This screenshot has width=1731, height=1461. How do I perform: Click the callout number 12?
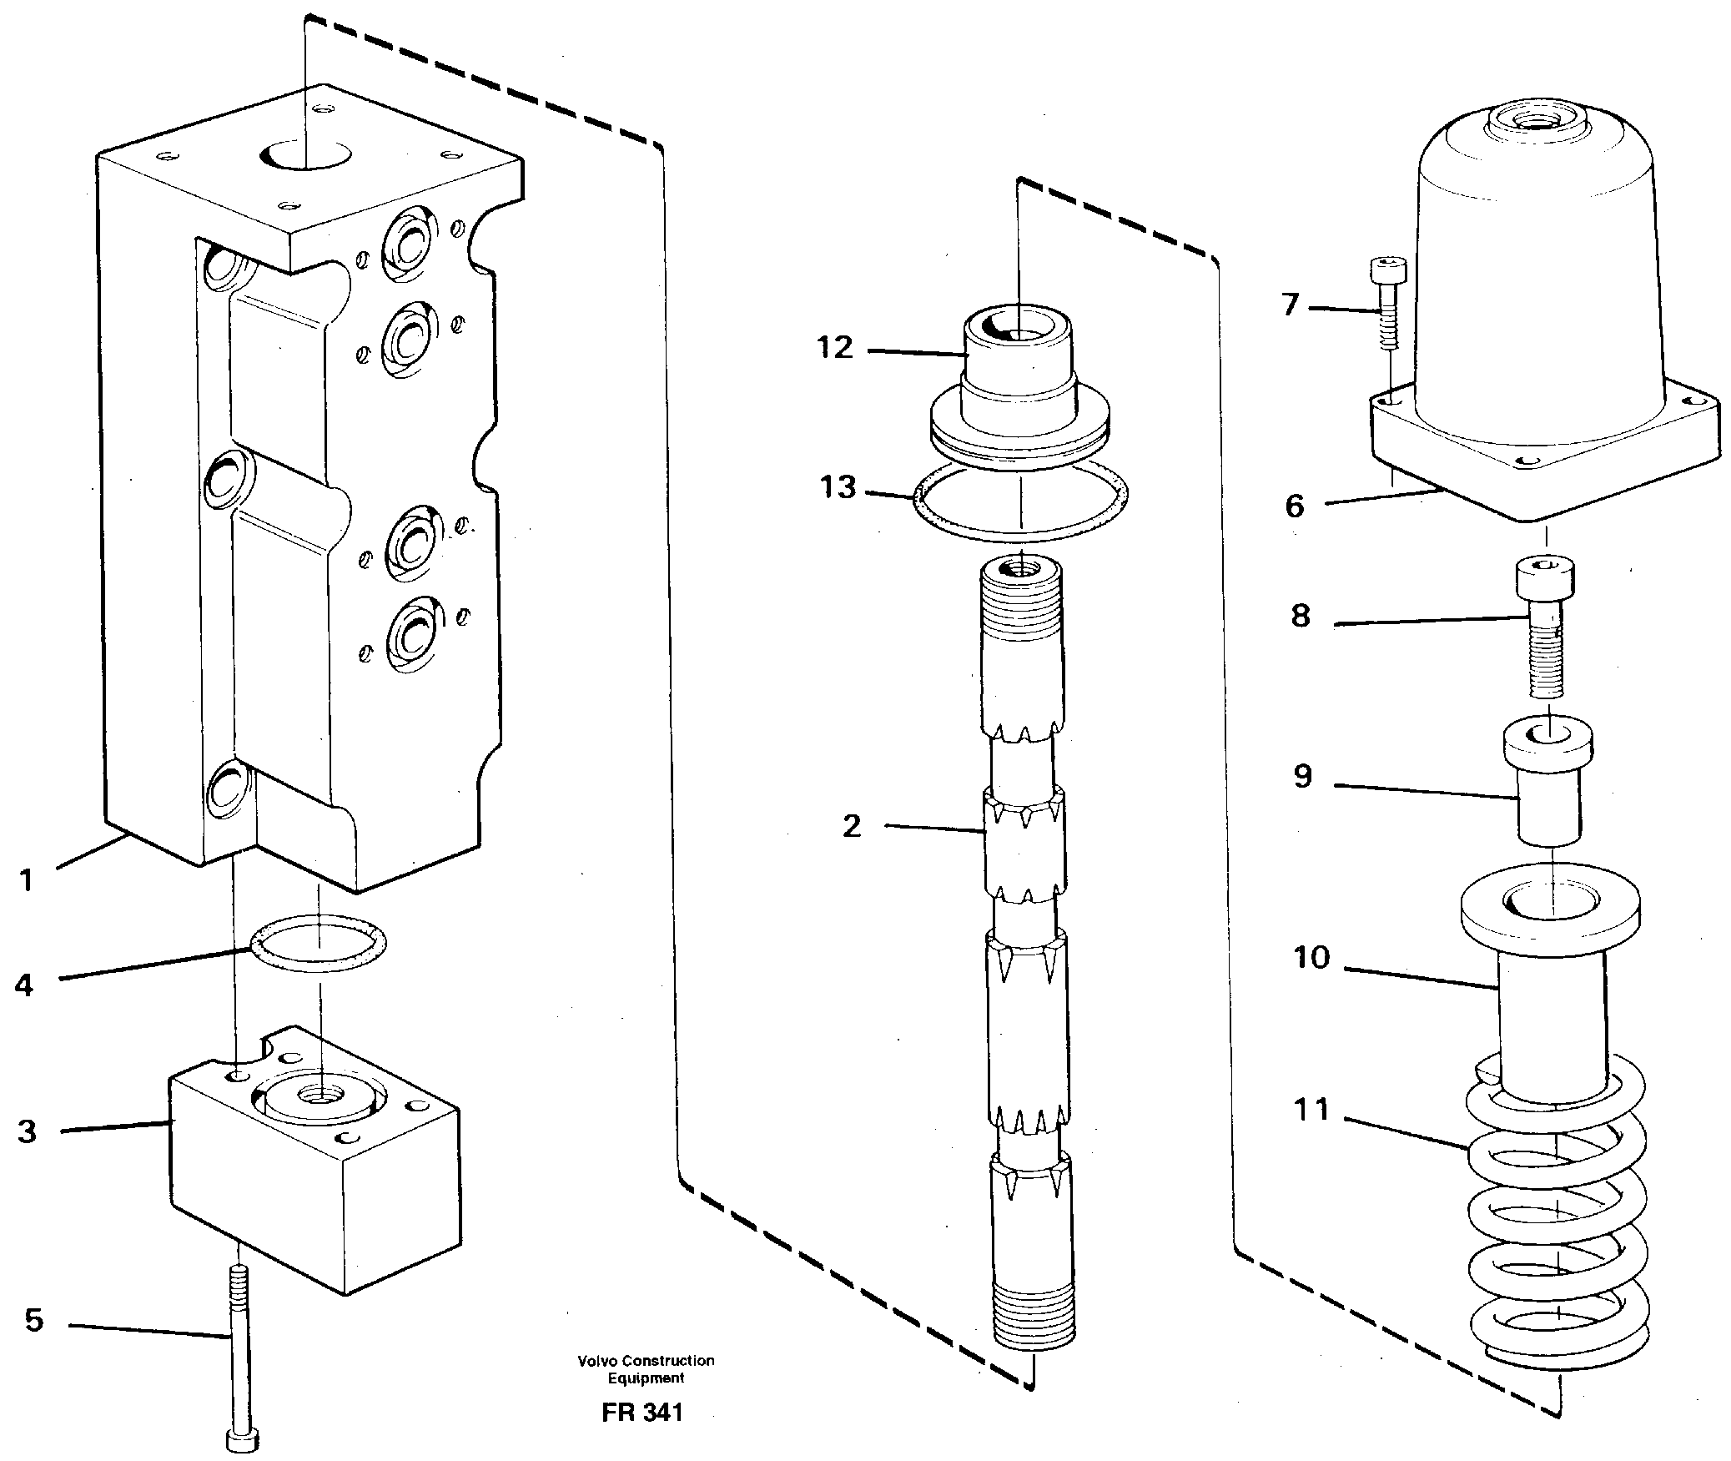[x=835, y=348]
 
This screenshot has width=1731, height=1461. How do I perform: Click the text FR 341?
[x=642, y=1412]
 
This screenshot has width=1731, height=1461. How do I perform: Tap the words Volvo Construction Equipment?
[x=646, y=1368]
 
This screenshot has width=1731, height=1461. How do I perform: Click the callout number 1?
[x=27, y=879]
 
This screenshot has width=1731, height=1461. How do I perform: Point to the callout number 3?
[x=27, y=1132]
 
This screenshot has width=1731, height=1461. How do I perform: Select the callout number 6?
[x=1294, y=506]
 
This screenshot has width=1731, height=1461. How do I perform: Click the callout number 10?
[x=1311, y=958]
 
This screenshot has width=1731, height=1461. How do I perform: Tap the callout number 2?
[x=851, y=826]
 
